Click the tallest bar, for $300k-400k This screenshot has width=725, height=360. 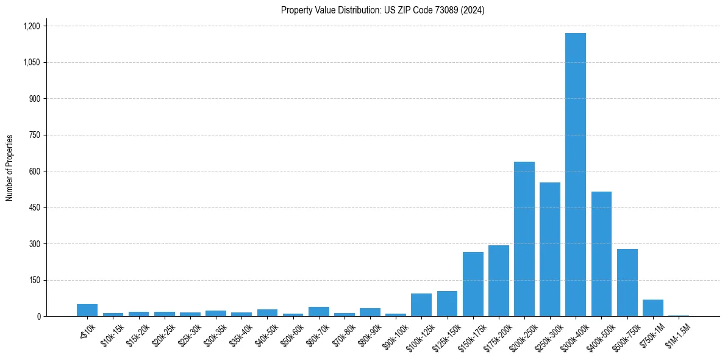[575, 175]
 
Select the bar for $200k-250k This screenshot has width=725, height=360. [524, 239]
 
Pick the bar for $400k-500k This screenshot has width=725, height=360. [601, 254]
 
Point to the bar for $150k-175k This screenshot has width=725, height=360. [473, 284]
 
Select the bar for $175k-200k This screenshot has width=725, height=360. [498, 281]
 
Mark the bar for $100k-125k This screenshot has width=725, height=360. [421, 305]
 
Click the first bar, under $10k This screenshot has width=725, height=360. [87, 310]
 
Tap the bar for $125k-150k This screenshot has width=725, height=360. [447, 304]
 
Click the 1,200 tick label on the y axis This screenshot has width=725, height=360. [31, 26]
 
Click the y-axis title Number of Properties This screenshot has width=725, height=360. [9, 168]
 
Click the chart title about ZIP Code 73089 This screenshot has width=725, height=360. [382, 10]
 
